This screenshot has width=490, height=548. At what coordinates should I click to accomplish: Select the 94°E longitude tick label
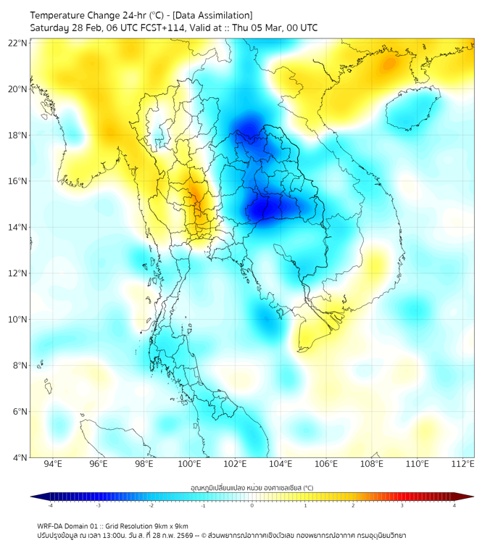coord(53,464)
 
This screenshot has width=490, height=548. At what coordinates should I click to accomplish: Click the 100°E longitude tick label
coord(190,464)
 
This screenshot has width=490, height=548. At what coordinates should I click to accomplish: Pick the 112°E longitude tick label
coord(463,464)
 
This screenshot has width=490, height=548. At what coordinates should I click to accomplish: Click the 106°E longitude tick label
coord(326,464)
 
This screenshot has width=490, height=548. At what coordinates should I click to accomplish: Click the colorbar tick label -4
coord(50,506)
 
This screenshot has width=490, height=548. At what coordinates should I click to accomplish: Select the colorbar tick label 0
coord(252,506)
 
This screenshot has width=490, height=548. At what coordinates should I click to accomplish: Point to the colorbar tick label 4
coord(454,506)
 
